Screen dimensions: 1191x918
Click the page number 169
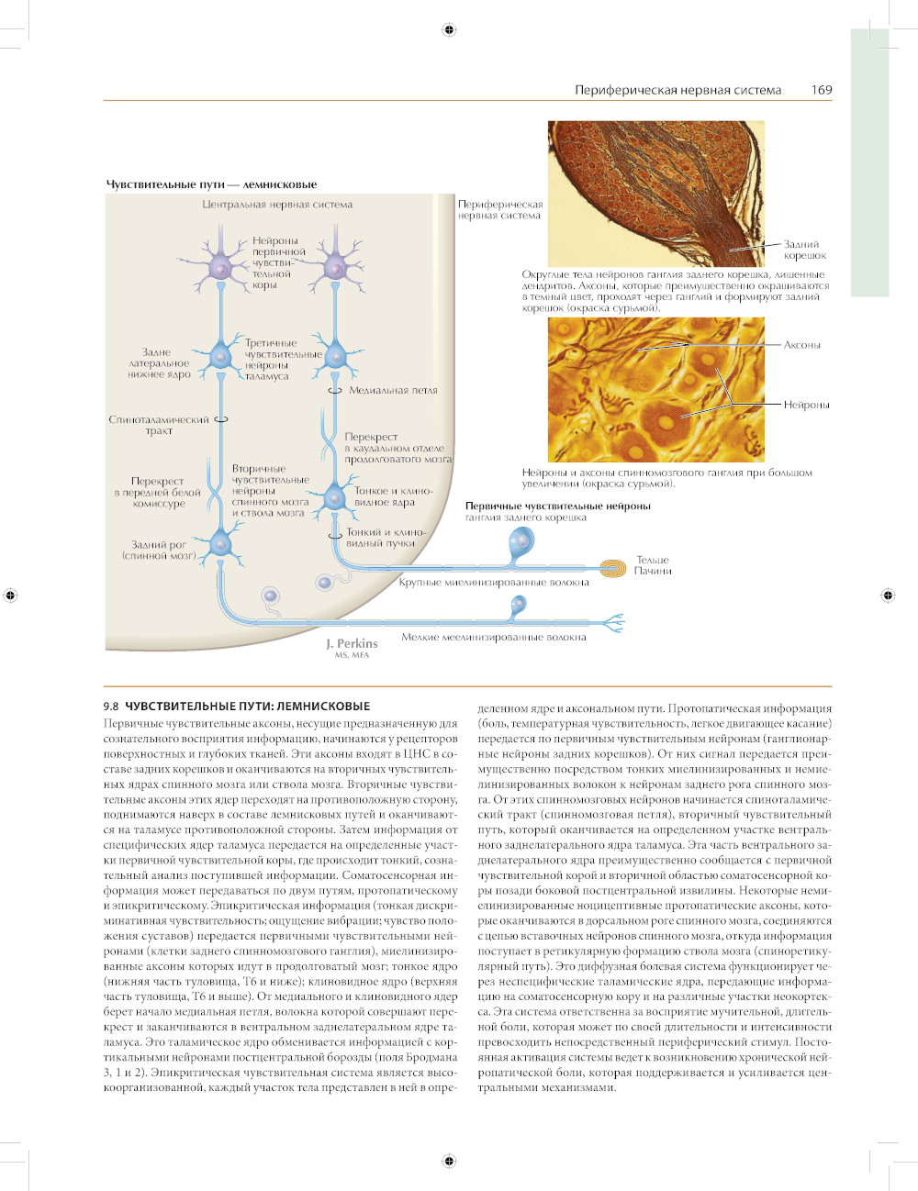coord(821,90)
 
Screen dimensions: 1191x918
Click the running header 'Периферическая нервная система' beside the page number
coord(677,90)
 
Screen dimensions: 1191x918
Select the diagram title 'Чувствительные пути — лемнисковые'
coord(211,184)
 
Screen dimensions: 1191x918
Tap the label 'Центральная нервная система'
coord(277,205)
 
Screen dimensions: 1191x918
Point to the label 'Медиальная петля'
coord(393,391)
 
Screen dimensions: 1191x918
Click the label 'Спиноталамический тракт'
coord(159,425)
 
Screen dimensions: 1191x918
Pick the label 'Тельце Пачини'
coord(653,565)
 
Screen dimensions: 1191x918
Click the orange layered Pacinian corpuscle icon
coord(611,568)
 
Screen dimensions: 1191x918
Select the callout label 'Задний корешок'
coord(804,250)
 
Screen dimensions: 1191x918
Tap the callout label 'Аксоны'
coord(801,345)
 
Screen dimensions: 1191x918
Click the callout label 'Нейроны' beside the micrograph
coord(806,405)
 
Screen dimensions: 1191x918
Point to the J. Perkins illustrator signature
coord(352,645)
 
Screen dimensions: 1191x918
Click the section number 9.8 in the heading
coord(111,707)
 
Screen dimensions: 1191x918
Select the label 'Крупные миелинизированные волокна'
coord(494,582)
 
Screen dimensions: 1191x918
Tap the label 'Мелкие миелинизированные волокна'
coord(493,637)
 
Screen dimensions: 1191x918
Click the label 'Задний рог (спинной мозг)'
coord(159,551)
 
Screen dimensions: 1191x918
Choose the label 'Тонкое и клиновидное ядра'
coord(392,496)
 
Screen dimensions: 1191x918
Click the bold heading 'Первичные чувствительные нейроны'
coord(557,506)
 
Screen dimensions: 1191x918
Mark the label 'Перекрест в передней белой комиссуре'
coord(158,492)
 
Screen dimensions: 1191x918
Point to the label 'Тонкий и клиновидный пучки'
coord(386,538)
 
